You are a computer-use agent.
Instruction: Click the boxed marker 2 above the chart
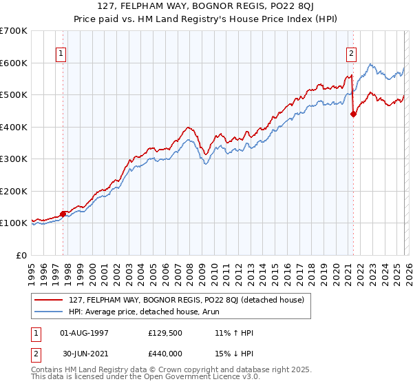click(x=352, y=52)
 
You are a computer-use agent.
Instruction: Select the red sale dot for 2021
click(x=353, y=114)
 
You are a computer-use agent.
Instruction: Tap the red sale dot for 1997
click(x=63, y=214)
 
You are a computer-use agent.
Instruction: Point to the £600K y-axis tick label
click(x=14, y=63)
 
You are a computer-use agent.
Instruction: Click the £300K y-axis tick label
click(x=14, y=159)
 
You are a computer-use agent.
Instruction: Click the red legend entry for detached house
click(x=191, y=299)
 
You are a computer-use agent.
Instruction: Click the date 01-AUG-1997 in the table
click(x=81, y=332)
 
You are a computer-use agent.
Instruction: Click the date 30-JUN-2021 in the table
click(x=81, y=353)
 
